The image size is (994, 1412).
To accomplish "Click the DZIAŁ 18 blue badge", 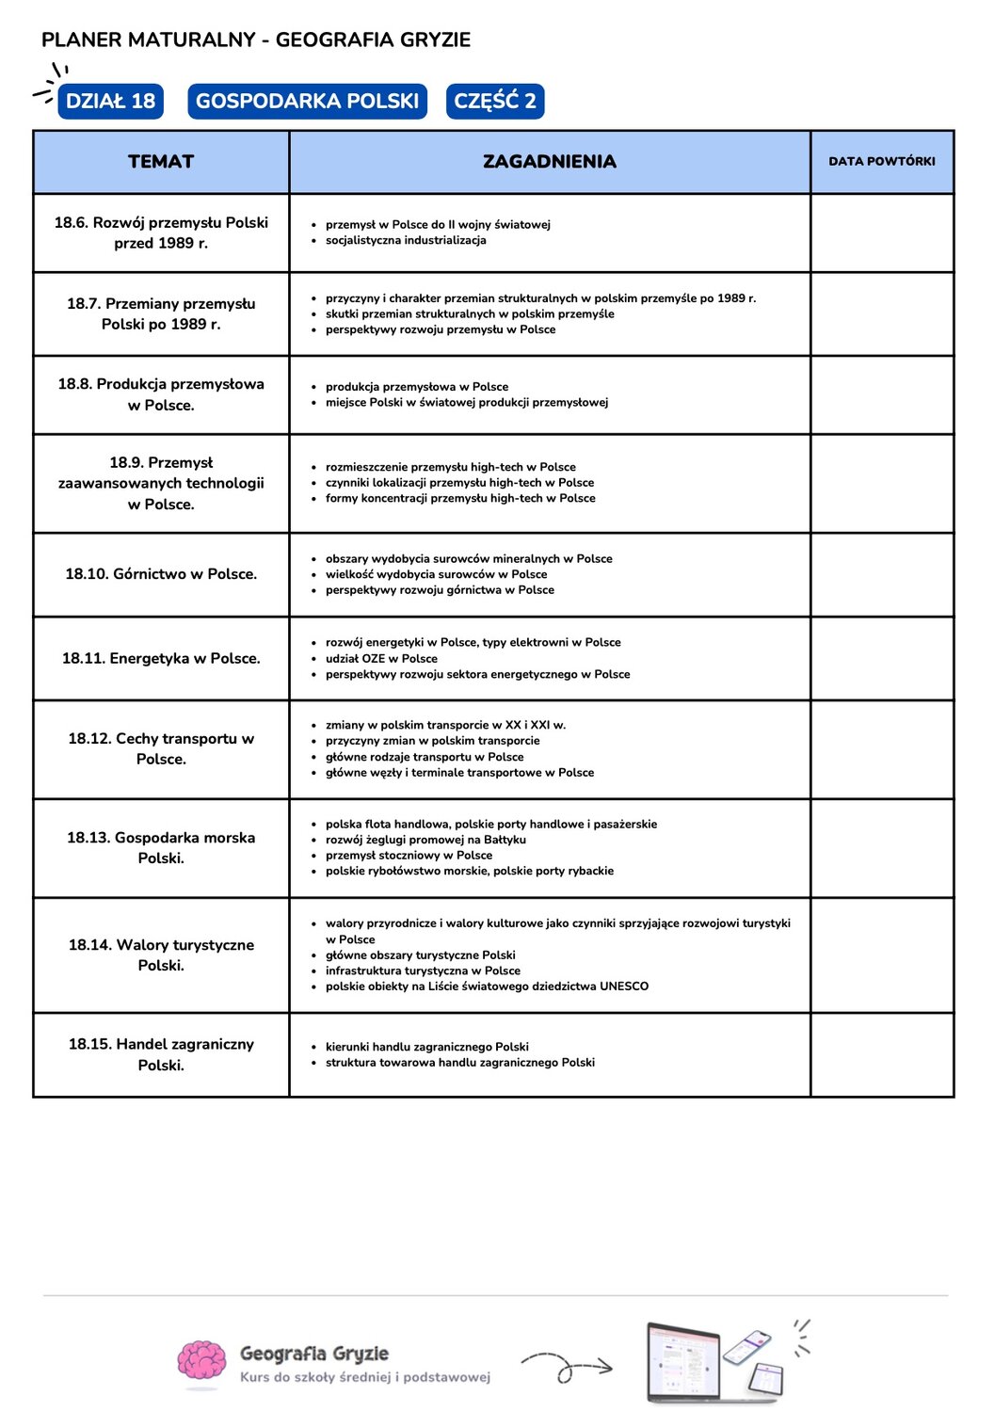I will click(110, 102).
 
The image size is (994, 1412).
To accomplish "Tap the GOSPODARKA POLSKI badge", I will click(307, 102).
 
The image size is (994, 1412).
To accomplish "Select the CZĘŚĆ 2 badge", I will click(495, 102).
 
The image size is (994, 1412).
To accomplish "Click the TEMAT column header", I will click(161, 162).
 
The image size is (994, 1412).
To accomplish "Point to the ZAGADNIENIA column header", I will click(550, 162).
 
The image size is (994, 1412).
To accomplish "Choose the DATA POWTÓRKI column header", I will click(882, 162).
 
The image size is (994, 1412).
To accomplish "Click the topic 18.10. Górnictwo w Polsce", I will click(161, 574).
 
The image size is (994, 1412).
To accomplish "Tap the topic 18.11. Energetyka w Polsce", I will click(161, 659).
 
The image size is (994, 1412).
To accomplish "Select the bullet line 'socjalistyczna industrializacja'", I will click(406, 241).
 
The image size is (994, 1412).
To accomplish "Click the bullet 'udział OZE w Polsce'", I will click(381, 659).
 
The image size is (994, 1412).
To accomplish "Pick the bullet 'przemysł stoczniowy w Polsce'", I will click(409, 856).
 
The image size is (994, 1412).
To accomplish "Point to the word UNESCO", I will click(624, 987).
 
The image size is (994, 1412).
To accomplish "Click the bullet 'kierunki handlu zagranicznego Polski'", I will click(426, 1047).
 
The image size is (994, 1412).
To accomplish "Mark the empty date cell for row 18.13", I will click(882, 848).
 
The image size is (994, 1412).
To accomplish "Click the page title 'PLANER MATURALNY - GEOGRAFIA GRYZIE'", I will click(256, 40).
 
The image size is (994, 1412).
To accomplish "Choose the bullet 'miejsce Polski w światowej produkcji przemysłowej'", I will click(467, 403).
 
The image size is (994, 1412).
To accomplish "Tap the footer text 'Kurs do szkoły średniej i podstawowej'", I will click(365, 1378).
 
